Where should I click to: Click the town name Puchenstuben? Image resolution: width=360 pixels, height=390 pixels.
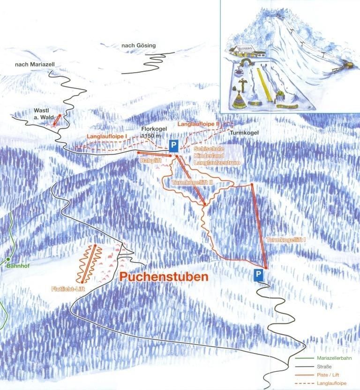164,277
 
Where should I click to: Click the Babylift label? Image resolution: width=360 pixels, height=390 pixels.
150,160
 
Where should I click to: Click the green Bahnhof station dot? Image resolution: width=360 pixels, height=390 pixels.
8,259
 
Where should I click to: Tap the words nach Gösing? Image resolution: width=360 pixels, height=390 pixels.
138,45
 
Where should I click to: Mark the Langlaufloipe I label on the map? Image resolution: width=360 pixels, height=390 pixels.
107,135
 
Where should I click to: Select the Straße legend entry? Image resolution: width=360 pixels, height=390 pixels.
325,367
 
